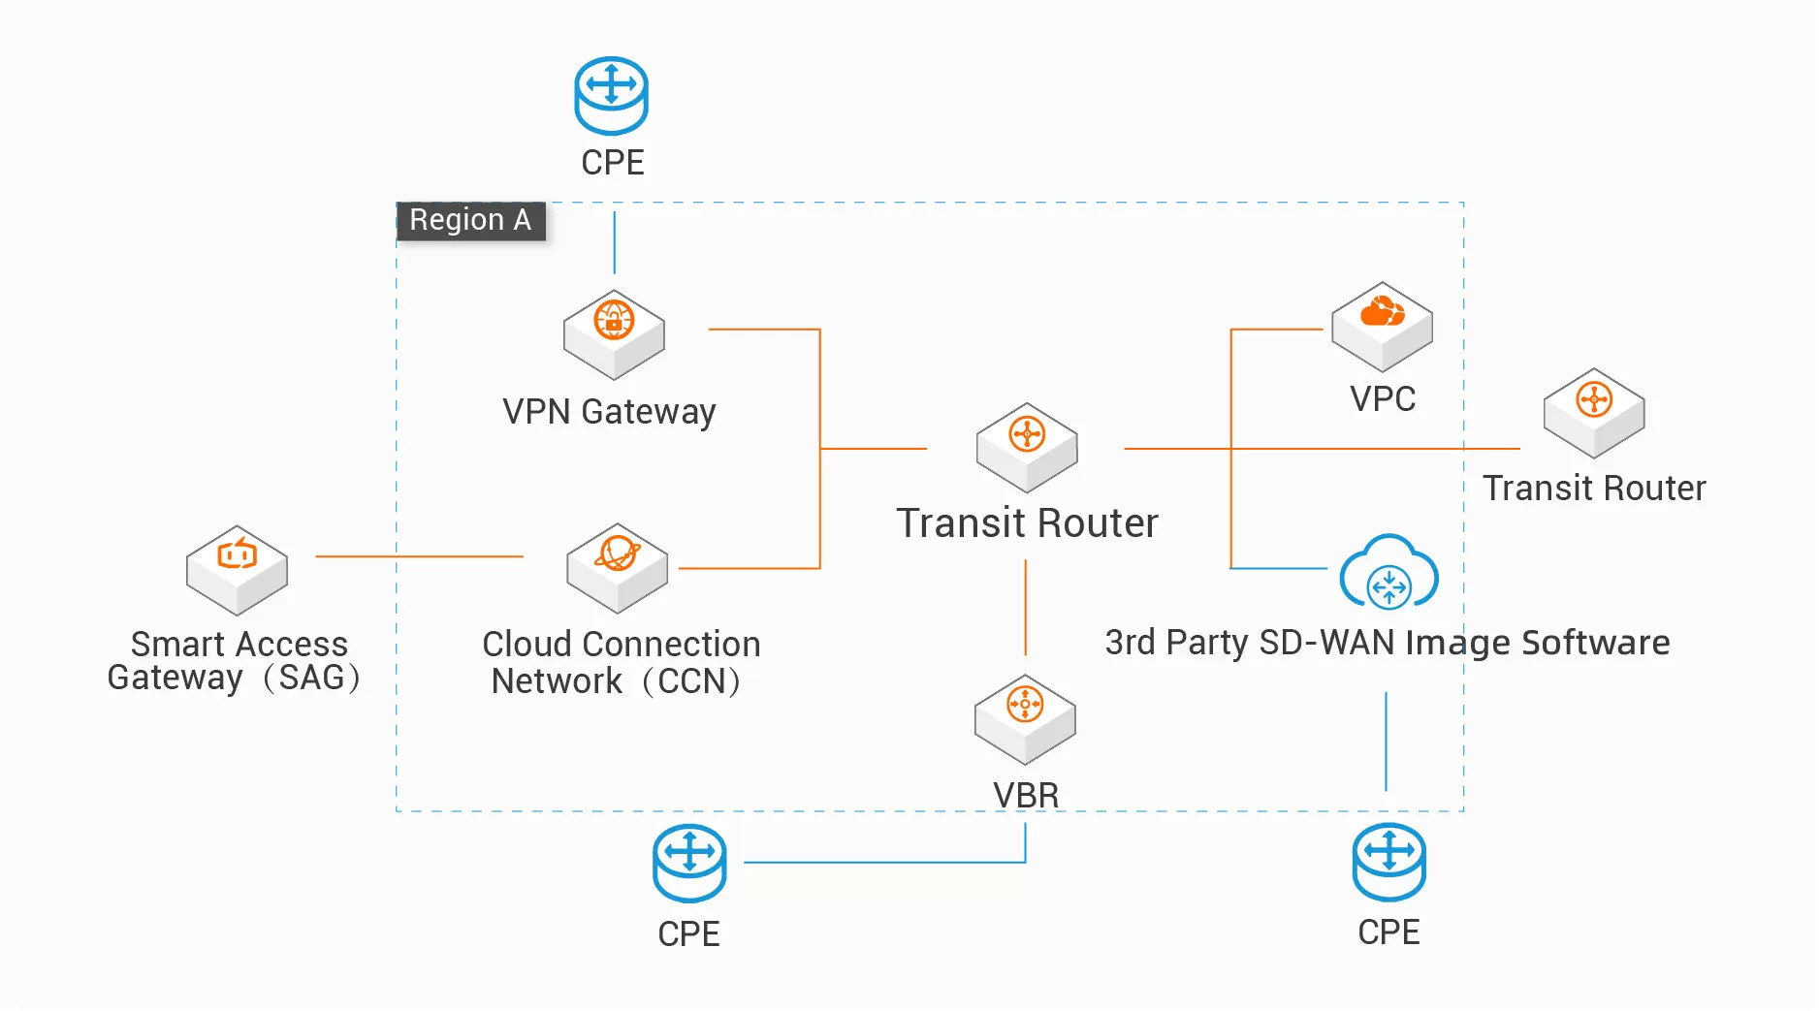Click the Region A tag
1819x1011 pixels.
pos(470,221)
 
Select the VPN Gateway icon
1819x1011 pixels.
pos(614,333)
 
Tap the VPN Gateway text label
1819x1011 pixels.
pos(609,412)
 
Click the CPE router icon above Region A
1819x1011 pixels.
pos(611,95)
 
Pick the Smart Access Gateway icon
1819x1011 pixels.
pos(237,570)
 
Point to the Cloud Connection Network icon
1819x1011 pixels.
pos(617,568)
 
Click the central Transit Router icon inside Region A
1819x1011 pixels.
pos(1027,447)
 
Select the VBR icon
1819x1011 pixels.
pos(1025,718)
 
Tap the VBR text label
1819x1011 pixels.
pos(1026,795)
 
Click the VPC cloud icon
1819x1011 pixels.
pos(1382,326)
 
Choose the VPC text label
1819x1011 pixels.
pos(1383,399)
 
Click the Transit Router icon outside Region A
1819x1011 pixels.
pos(1594,412)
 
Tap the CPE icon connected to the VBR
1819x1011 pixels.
pos(689,862)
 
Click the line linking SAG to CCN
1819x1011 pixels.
pos(419,556)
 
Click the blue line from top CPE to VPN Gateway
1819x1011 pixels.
pos(614,242)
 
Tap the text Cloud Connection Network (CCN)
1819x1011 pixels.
pos(621,662)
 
